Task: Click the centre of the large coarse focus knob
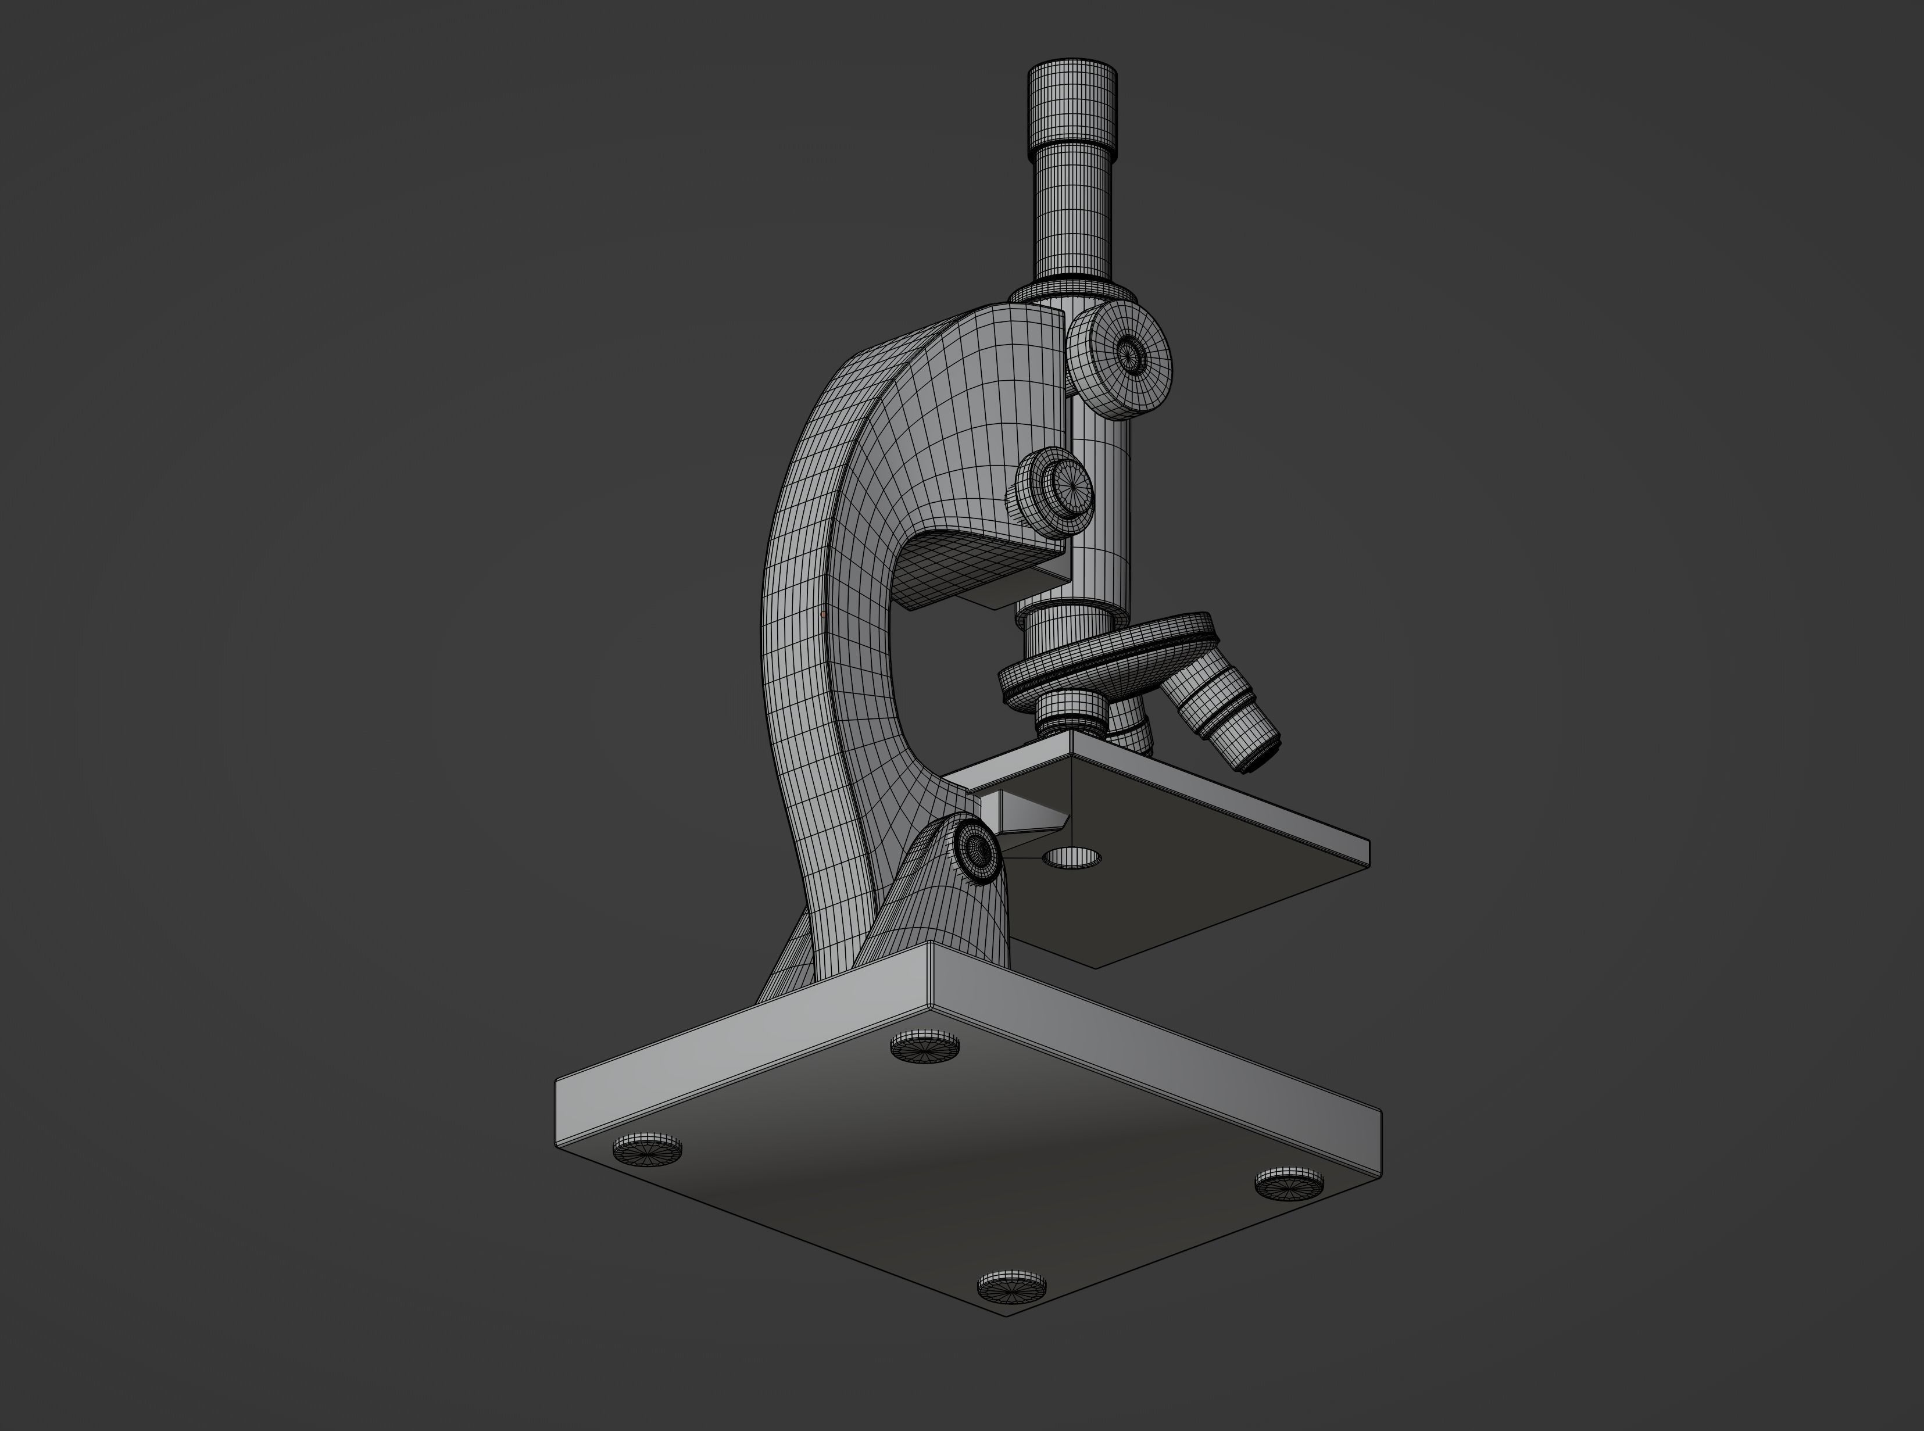pos(1128,352)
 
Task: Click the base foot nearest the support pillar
pos(925,1046)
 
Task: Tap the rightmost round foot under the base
pos(1290,1183)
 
